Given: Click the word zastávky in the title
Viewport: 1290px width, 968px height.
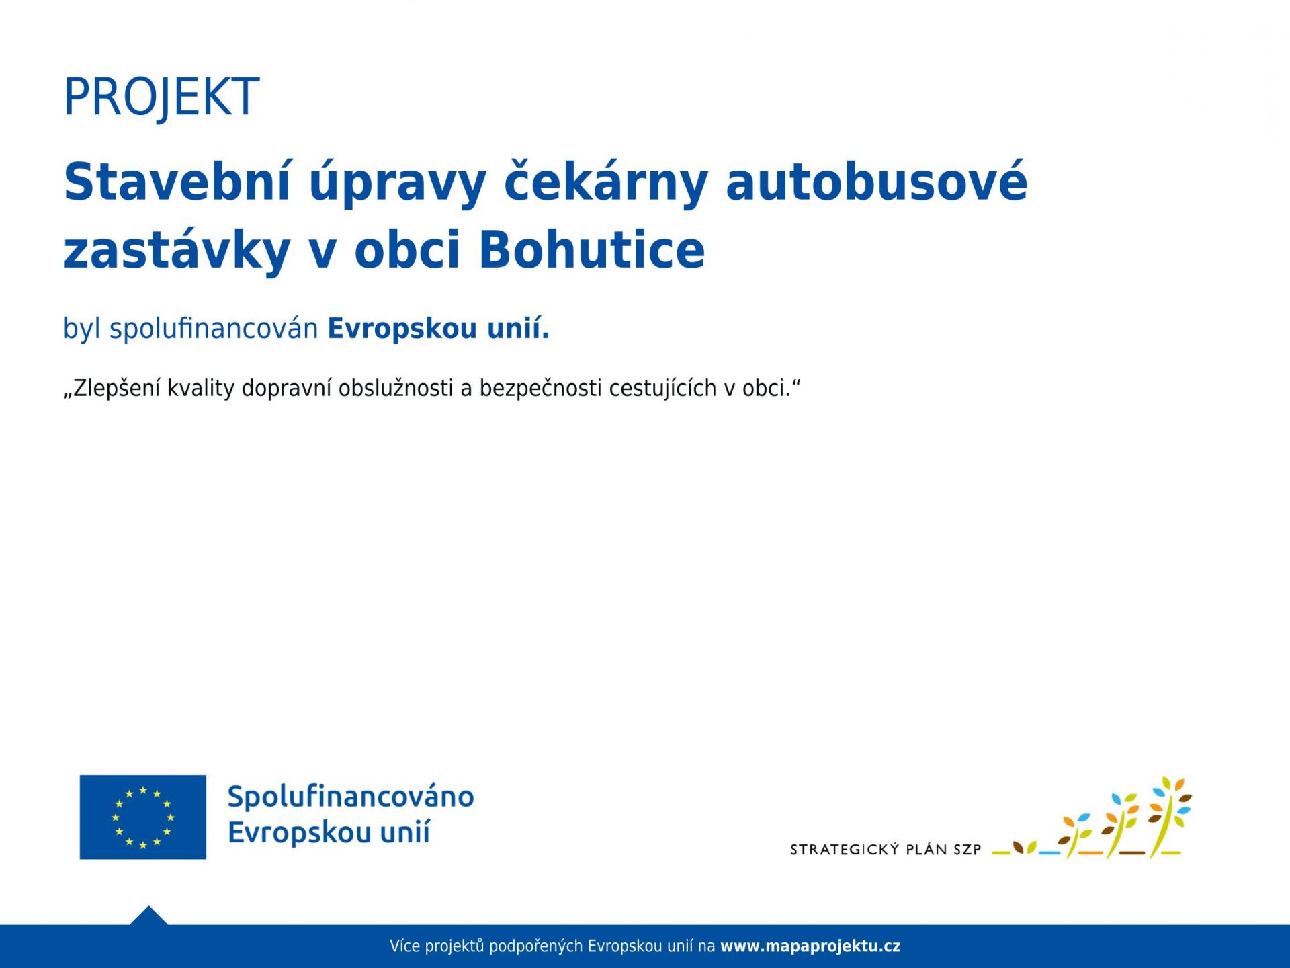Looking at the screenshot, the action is [x=177, y=251].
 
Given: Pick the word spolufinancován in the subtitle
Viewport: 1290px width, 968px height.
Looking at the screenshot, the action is [x=214, y=329].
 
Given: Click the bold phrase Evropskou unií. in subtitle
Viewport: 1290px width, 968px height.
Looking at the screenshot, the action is [x=438, y=329].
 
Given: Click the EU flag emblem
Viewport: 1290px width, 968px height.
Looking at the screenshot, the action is [x=143, y=817].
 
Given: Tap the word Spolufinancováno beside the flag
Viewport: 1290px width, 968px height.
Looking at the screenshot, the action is [x=351, y=797].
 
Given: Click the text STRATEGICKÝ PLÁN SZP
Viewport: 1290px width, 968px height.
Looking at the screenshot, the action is [x=886, y=850].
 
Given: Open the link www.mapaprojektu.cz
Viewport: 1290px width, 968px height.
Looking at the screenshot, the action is [x=810, y=946].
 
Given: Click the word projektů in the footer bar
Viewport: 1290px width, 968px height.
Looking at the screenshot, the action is [x=455, y=946].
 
